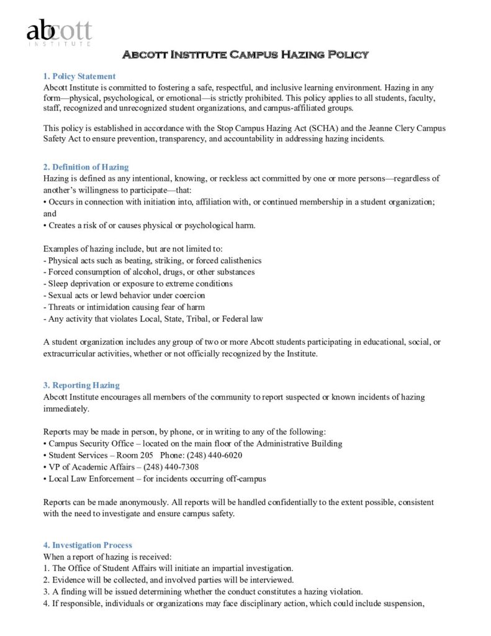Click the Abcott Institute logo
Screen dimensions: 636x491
tap(59, 32)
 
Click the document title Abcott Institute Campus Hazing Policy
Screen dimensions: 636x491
tap(245, 55)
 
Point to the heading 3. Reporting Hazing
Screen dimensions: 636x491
tap(81, 385)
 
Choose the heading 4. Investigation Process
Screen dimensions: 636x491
tap(88, 545)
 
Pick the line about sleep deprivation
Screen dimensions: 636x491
tap(140, 284)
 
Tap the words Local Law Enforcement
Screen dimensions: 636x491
tap(90, 478)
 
